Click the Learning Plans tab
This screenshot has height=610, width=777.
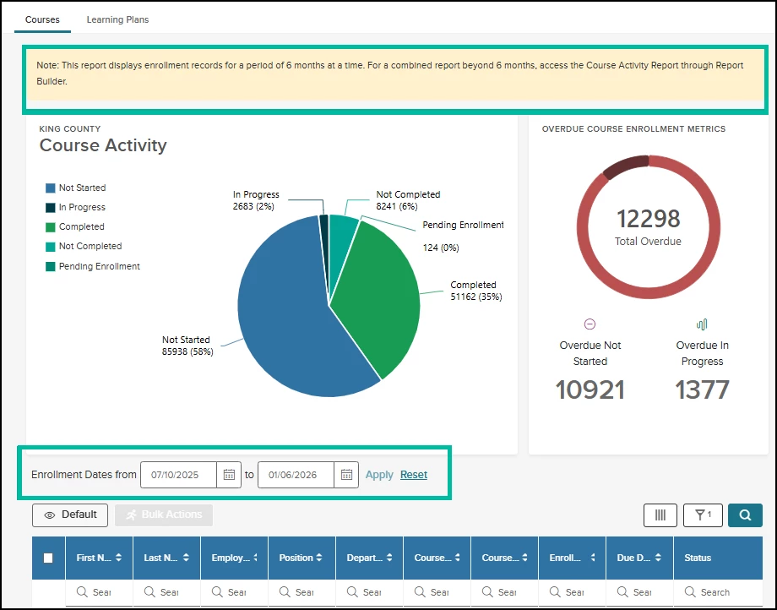pos(117,19)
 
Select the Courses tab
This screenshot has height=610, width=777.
pos(42,19)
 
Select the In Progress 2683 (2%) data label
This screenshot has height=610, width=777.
pos(256,200)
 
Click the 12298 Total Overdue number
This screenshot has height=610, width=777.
pos(648,220)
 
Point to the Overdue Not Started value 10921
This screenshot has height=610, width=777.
pos(590,389)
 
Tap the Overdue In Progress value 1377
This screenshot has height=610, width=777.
pos(702,389)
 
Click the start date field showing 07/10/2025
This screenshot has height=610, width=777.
pos(176,475)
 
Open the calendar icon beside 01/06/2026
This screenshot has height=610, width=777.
pos(346,475)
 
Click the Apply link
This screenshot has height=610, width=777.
pos(379,475)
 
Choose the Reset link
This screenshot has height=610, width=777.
pos(414,475)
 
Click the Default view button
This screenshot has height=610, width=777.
pos(70,515)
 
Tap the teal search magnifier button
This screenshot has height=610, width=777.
pos(745,515)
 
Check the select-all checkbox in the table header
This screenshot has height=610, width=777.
pos(48,558)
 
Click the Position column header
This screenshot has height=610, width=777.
pos(302,558)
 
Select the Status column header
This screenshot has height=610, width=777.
pos(698,558)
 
